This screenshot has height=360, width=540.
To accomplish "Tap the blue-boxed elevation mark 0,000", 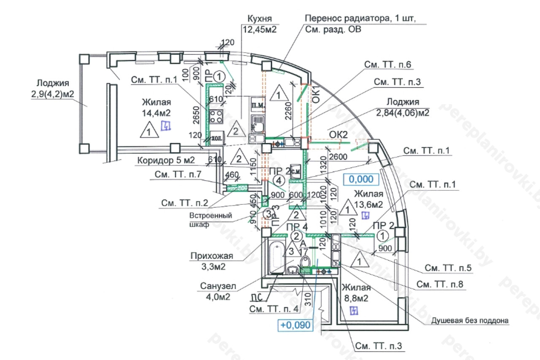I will pos(362,179).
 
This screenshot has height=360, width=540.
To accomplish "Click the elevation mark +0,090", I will pos(296,325).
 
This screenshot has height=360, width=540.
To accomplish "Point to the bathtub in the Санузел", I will pos(276,256).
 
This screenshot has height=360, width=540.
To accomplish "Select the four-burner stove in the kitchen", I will pos(216,116).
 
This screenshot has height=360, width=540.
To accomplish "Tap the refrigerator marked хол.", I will pos(216,138).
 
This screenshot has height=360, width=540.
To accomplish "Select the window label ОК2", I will pos(339,135).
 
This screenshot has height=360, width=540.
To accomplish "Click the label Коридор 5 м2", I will pos(165,160).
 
